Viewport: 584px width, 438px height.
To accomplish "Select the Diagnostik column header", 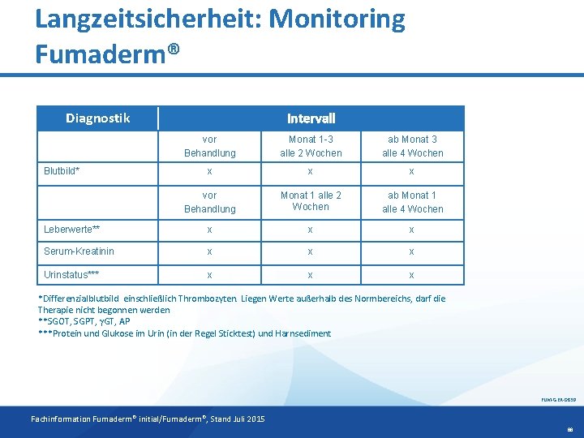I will tap(97, 118).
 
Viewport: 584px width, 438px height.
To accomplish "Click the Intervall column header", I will tap(311, 118).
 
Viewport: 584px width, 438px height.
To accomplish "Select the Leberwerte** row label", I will tap(71, 230).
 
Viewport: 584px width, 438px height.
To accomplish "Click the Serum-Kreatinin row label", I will tap(79, 252).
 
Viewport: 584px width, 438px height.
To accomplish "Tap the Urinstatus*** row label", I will tap(71, 275).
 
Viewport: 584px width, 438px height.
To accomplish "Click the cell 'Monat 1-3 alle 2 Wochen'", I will tap(311, 146).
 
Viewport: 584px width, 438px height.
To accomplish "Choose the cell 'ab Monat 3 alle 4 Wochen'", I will tap(413, 146).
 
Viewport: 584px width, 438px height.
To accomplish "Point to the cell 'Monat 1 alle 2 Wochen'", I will tap(311, 200).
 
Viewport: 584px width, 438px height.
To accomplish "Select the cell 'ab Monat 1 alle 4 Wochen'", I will tap(413, 202).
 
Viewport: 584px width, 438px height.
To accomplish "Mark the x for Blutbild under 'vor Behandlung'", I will tap(209, 171).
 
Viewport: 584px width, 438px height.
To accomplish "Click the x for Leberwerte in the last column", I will tap(412, 230).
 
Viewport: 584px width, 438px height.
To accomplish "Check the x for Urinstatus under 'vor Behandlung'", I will tap(209, 275).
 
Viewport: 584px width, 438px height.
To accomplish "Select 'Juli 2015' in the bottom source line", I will tap(245, 419).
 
